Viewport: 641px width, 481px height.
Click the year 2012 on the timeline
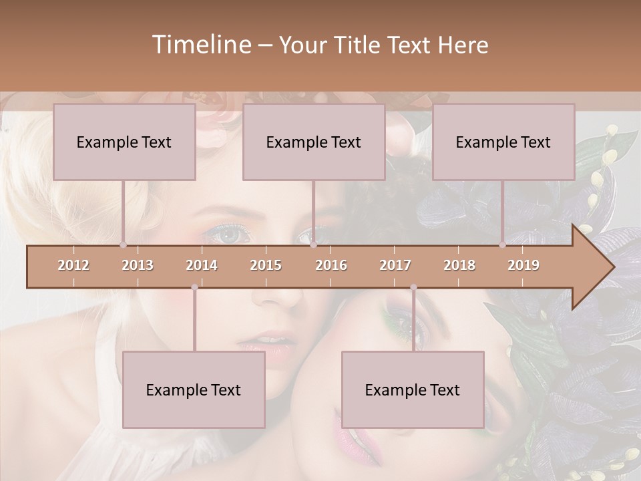pos(73,266)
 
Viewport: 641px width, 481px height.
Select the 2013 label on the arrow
pos(138,266)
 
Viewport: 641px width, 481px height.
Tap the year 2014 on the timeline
pos(202,266)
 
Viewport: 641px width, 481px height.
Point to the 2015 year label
pos(266,266)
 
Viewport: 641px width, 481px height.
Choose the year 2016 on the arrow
pos(331,266)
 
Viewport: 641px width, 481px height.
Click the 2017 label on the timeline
pos(395,266)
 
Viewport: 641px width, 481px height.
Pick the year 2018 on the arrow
pos(459,266)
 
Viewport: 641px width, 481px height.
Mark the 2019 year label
pos(523,266)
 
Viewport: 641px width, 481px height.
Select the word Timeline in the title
pos(200,45)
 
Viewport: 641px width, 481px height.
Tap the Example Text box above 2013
pos(124,142)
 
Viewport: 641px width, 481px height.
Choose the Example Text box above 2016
pos(314,142)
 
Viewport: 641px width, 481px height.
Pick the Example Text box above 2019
pos(503,142)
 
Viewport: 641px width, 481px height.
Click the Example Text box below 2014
pos(194,389)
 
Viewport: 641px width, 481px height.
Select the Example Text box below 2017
pos(413,389)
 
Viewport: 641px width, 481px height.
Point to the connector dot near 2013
pos(123,245)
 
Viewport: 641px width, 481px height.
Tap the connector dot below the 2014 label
pos(194,287)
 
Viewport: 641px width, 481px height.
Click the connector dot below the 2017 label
pos(413,287)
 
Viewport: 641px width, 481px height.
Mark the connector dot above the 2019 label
pos(502,245)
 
